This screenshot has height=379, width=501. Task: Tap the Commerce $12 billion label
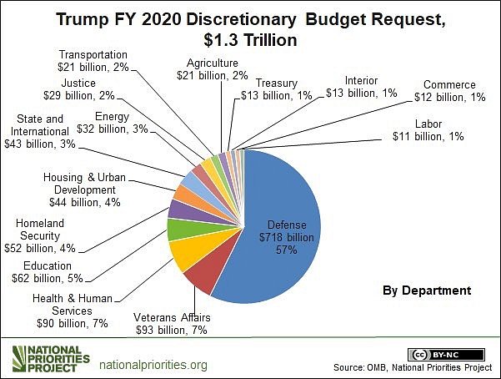click(x=449, y=91)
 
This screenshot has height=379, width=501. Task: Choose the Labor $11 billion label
click(x=428, y=130)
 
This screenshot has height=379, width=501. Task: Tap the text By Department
click(x=428, y=290)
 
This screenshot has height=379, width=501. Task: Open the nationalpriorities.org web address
click(x=153, y=365)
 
